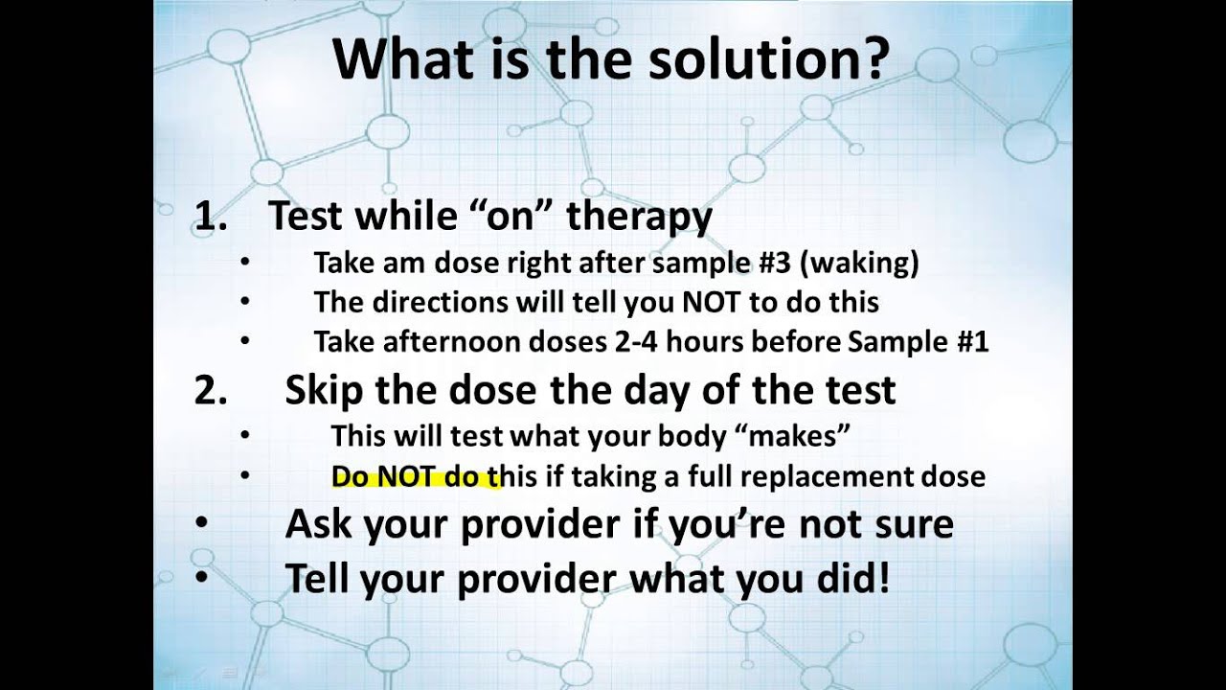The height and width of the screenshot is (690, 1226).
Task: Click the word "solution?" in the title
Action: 772,59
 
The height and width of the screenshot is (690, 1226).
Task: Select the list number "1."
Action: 211,217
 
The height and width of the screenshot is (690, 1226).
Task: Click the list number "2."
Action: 211,390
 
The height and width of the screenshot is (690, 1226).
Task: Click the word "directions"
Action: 422,302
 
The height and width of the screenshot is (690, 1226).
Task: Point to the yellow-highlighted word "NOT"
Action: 406,475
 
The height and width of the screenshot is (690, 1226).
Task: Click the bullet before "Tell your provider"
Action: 201,578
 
